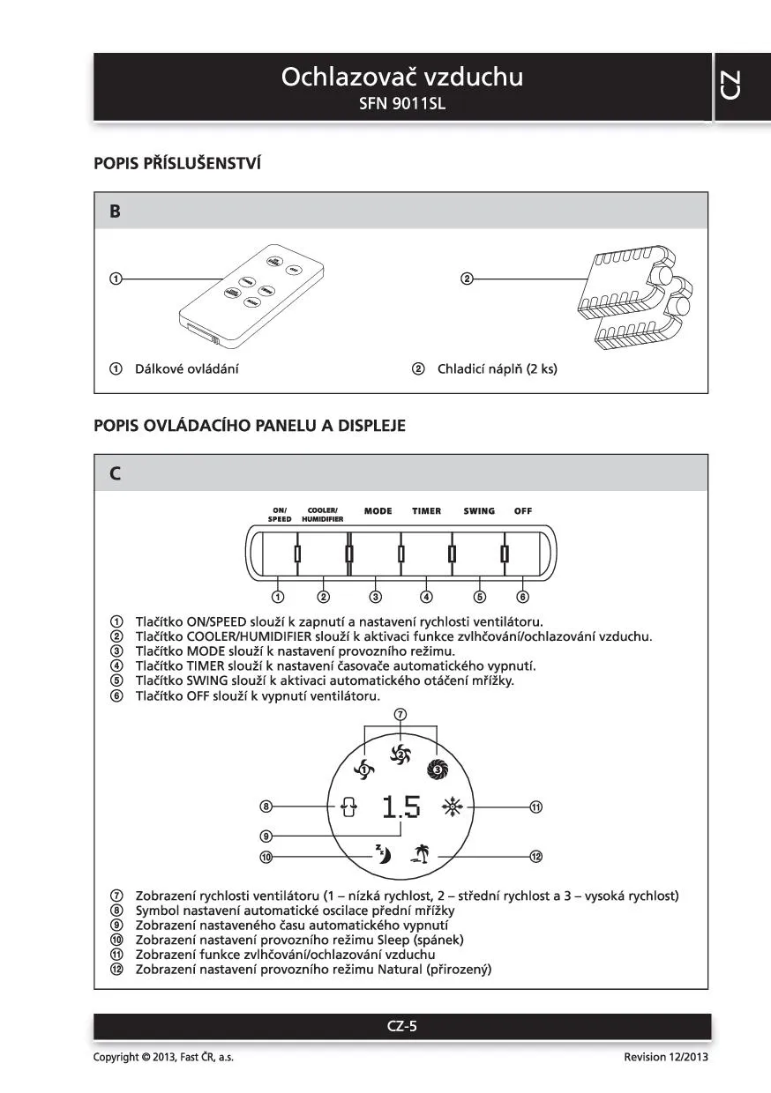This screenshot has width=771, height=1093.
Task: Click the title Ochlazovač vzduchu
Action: pos(401,78)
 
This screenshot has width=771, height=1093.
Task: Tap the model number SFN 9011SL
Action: pos(402,104)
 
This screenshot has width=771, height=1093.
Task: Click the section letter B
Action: pos(115,212)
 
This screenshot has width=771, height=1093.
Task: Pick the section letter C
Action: pos(115,473)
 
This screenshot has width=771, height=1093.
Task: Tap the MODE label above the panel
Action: pos(378,511)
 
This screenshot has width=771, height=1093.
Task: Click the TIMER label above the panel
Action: pos(426,511)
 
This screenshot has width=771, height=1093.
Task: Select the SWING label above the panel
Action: pos(479,511)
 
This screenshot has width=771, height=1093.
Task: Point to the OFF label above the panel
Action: pos(523,511)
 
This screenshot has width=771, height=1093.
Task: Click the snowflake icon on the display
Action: pos(453,806)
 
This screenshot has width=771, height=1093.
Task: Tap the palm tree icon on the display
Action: pos(420,853)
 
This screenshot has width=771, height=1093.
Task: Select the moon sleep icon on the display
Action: pos(383,853)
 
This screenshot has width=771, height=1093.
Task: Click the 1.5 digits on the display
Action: pos(401,807)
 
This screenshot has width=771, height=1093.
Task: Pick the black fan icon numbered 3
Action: pos(438,769)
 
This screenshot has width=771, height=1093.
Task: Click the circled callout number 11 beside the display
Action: pos(535,806)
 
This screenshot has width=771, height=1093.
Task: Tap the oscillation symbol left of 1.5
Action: pos(349,807)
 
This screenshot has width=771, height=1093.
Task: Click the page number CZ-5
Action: pos(401,1025)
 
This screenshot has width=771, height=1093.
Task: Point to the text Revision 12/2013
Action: pos(665,1057)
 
